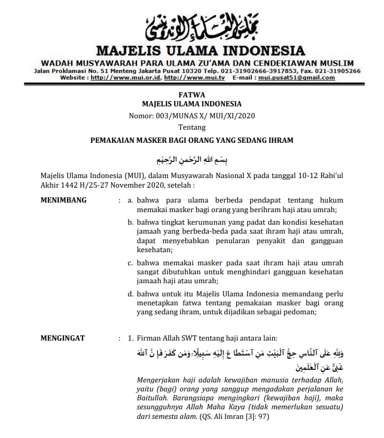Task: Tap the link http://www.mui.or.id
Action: (x=134, y=78)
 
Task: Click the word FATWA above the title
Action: (x=191, y=94)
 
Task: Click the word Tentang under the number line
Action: (x=191, y=127)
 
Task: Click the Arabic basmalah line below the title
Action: (x=191, y=161)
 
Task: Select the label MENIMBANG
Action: (x=63, y=200)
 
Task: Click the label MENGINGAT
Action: (x=63, y=339)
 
